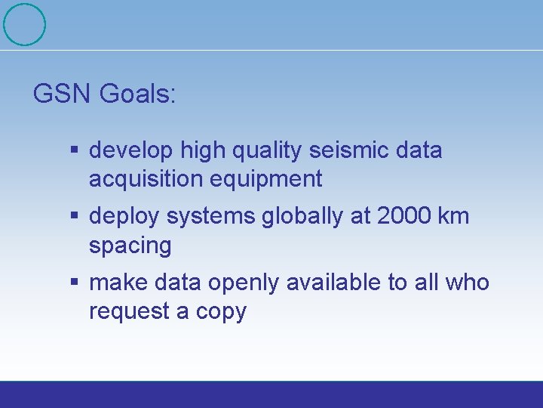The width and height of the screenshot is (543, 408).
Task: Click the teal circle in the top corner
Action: click(24, 24)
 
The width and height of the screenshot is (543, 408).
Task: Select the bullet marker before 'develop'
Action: click(75, 150)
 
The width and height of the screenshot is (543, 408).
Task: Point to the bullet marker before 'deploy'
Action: click(75, 217)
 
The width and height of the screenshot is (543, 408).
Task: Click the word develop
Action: click(131, 151)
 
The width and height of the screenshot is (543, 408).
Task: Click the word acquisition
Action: click(143, 180)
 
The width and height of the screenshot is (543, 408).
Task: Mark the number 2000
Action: click(403, 217)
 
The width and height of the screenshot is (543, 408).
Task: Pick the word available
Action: click(336, 283)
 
